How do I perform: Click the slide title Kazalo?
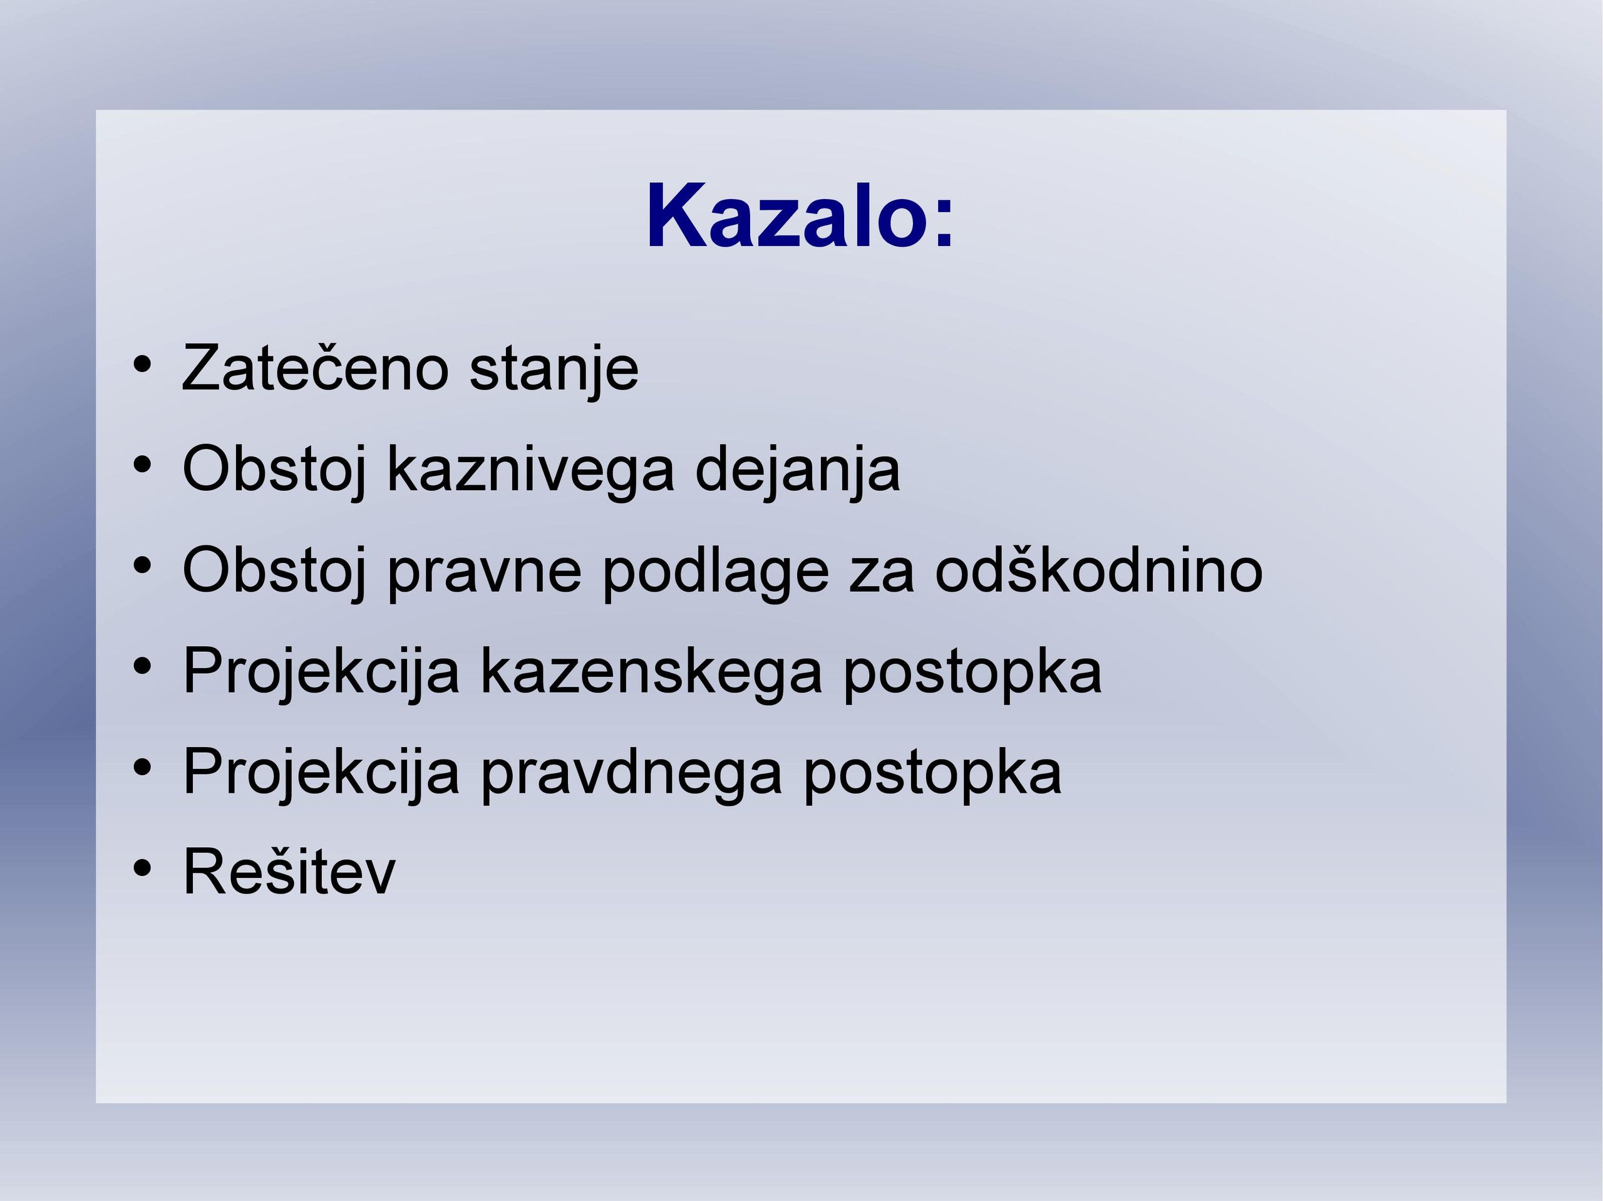click(x=800, y=215)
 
